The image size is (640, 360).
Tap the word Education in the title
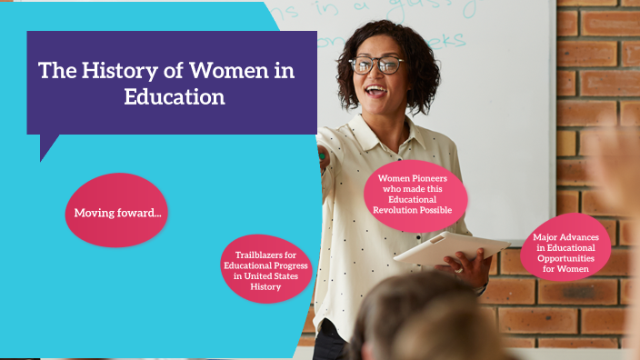click(x=175, y=97)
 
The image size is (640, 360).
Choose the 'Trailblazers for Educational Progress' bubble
click(x=266, y=271)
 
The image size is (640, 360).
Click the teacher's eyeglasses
click(x=376, y=65)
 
